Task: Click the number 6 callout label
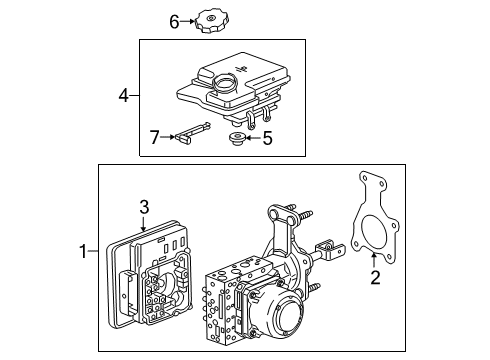pos(173,20)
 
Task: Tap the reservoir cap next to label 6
pos(211,20)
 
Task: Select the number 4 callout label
pos(124,96)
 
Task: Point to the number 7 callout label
pos(155,136)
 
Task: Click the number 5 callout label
pos(266,139)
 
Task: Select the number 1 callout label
pos(84,252)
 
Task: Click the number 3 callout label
pos(144,206)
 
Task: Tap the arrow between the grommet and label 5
pos(254,139)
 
